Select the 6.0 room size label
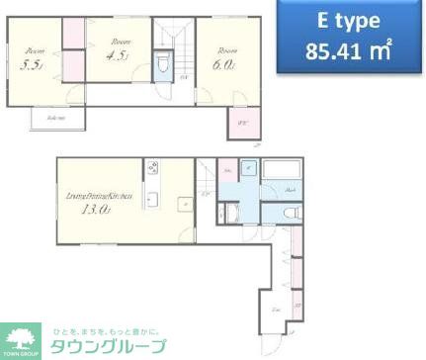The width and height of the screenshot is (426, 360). [221, 64]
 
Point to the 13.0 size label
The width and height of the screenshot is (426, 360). [96, 209]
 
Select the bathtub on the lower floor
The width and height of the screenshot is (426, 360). [283, 168]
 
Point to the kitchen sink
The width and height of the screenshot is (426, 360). [152, 202]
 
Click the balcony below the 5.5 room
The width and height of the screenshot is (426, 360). [47, 119]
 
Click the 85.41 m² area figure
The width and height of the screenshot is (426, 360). [336, 49]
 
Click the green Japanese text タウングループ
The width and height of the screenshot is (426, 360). [104, 345]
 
